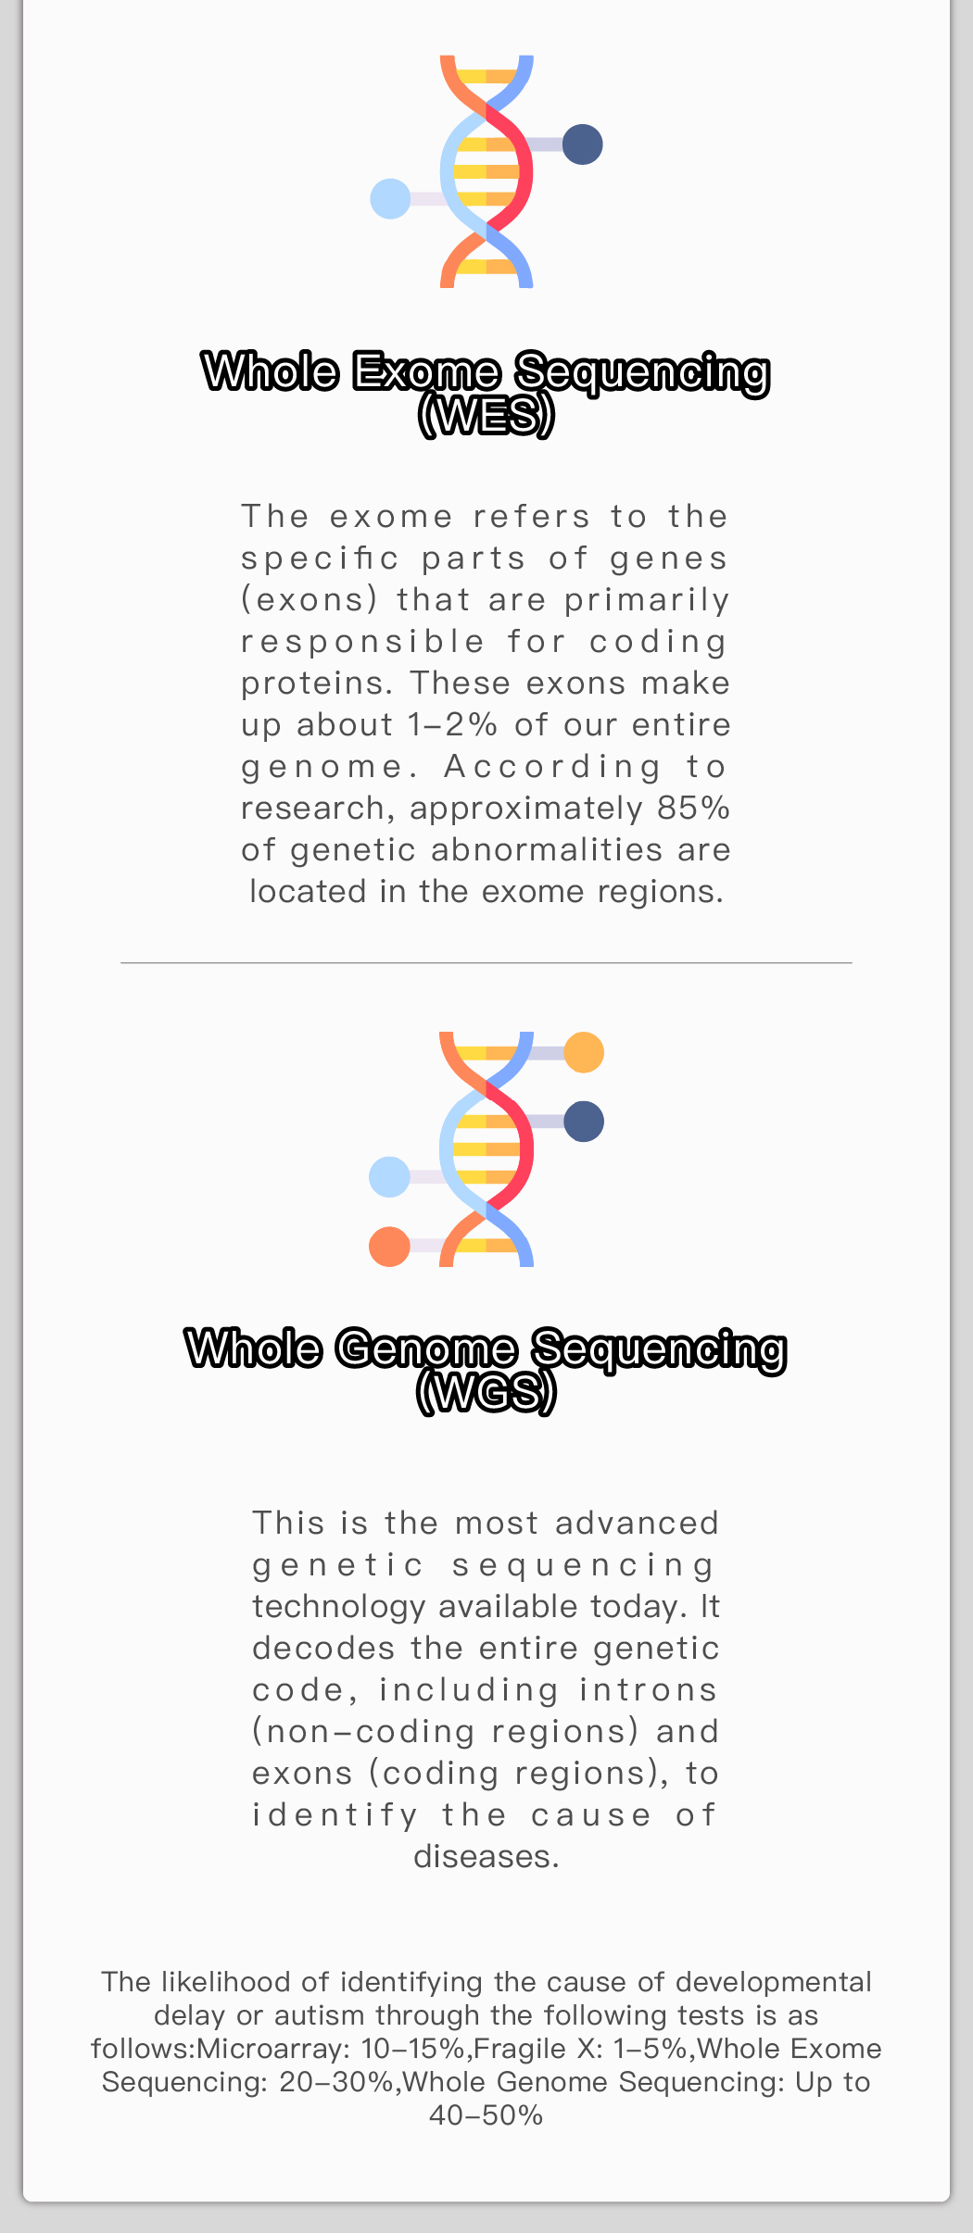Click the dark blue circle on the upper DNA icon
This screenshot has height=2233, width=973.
click(x=582, y=144)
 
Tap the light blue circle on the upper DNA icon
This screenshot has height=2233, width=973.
click(x=390, y=199)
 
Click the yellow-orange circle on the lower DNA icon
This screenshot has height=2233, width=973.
click(x=584, y=1052)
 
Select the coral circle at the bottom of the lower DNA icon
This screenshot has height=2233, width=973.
click(x=389, y=1247)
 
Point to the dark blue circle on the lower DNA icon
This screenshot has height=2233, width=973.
click(x=584, y=1122)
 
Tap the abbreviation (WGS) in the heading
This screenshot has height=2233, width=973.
click(x=486, y=1391)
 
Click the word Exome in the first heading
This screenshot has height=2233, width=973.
click(x=426, y=371)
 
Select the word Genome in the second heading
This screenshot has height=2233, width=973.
click(x=426, y=1349)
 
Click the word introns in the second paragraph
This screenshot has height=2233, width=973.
click(x=649, y=1689)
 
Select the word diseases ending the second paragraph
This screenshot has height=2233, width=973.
click(x=486, y=1856)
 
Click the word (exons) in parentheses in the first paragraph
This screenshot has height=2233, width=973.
click(x=310, y=600)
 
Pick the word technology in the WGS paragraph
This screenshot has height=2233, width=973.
click(x=338, y=1607)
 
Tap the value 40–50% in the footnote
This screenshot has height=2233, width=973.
click(x=486, y=2115)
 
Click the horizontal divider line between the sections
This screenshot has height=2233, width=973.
click(x=486, y=963)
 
